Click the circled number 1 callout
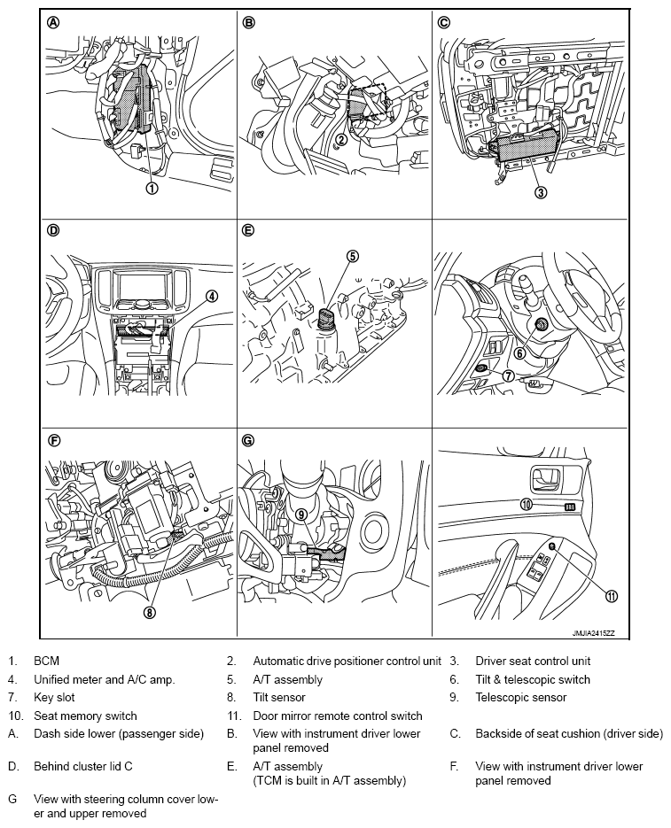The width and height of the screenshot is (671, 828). click(152, 188)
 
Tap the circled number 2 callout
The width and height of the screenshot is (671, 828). click(340, 139)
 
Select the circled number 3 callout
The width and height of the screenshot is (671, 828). click(541, 192)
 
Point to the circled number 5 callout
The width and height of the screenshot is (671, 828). click(352, 257)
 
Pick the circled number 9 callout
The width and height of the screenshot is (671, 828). click(301, 513)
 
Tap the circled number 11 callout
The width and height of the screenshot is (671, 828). click(611, 596)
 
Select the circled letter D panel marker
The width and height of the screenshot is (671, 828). click(52, 231)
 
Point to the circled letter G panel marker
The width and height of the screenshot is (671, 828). click(248, 439)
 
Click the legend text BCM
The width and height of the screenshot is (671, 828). click(47, 661)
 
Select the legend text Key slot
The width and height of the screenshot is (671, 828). click(55, 698)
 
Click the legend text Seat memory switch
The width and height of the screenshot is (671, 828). click(85, 716)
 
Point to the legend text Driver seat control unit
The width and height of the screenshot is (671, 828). click(533, 661)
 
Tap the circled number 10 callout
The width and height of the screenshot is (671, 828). click(526, 504)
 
